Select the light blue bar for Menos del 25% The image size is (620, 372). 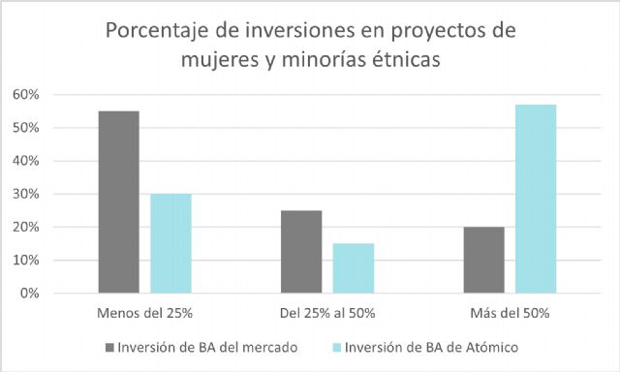point(170,243)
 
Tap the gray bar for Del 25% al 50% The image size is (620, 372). point(300,252)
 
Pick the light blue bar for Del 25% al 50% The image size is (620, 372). point(353,268)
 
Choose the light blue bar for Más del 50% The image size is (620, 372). point(536,199)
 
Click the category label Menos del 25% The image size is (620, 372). point(144,313)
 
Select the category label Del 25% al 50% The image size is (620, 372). point(326,313)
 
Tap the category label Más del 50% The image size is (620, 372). point(510,313)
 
